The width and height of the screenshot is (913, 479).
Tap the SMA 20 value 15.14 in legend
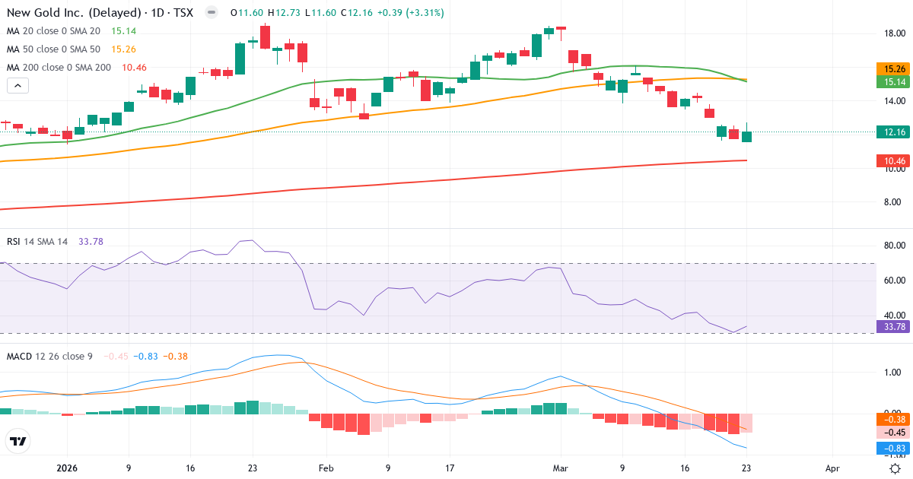pyautogui.click(x=124, y=30)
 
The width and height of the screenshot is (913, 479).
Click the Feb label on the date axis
pyautogui.click(x=326, y=468)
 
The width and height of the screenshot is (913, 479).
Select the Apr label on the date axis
pyautogui.click(x=833, y=468)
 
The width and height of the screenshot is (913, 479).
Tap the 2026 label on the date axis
pyautogui.click(x=67, y=468)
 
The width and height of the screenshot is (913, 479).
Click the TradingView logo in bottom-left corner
pyautogui.click(x=17, y=440)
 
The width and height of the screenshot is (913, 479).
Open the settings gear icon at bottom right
pyautogui.click(x=896, y=468)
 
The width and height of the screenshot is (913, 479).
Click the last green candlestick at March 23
pyautogui.click(x=747, y=136)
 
